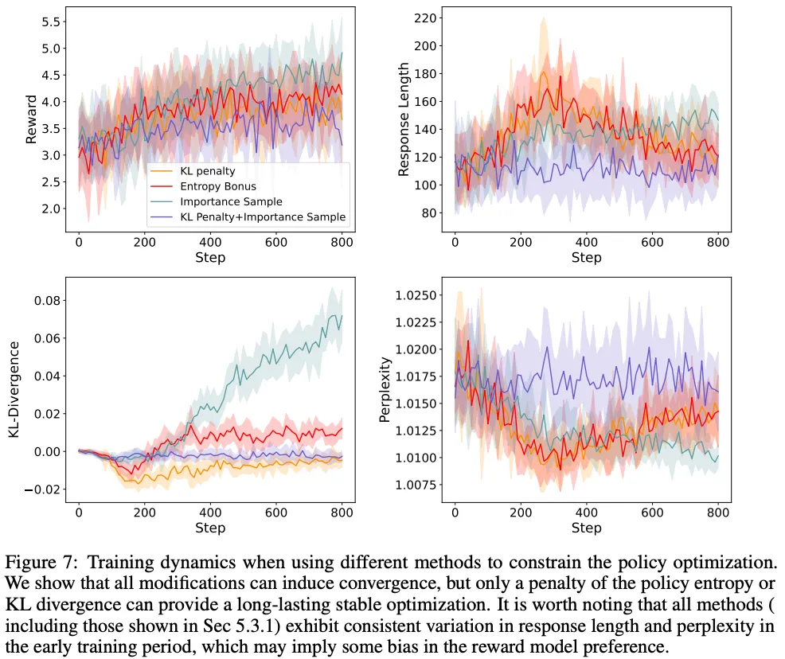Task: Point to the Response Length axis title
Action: pos(404,119)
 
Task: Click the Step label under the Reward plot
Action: pos(210,258)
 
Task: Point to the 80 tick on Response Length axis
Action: pos(432,213)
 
